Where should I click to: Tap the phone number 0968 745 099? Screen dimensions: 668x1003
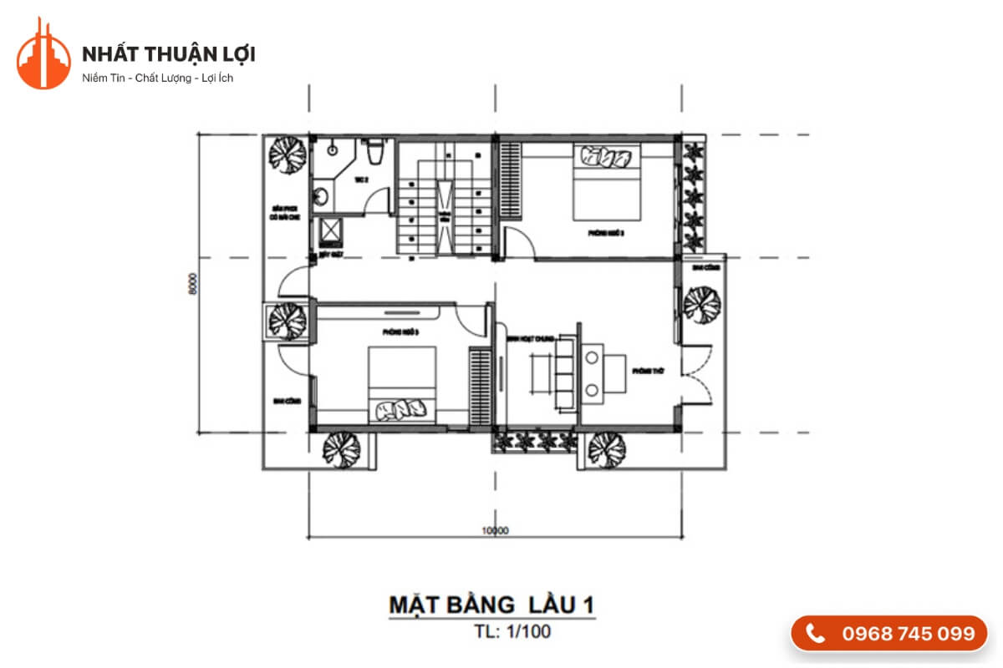click(x=908, y=634)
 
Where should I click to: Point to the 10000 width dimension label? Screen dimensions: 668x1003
click(x=496, y=529)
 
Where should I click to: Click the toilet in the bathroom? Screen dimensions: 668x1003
click(x=376, y=152)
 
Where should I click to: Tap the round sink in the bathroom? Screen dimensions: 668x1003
click(x=320, y=198)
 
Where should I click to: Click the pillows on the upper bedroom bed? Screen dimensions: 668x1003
click(x=608, y=156)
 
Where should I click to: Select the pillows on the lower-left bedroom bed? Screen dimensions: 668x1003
click(x=402, y=410)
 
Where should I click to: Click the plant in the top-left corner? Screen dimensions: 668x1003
click(x=286, y=154)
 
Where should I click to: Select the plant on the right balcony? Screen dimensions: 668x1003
click(x=700, y=304)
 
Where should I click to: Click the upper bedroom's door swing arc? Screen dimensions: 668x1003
click(x=518, y=244)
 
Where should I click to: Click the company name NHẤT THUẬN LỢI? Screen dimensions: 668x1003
click(x=169, y=54)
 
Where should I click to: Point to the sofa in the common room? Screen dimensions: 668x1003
click(x=562, y=372)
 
